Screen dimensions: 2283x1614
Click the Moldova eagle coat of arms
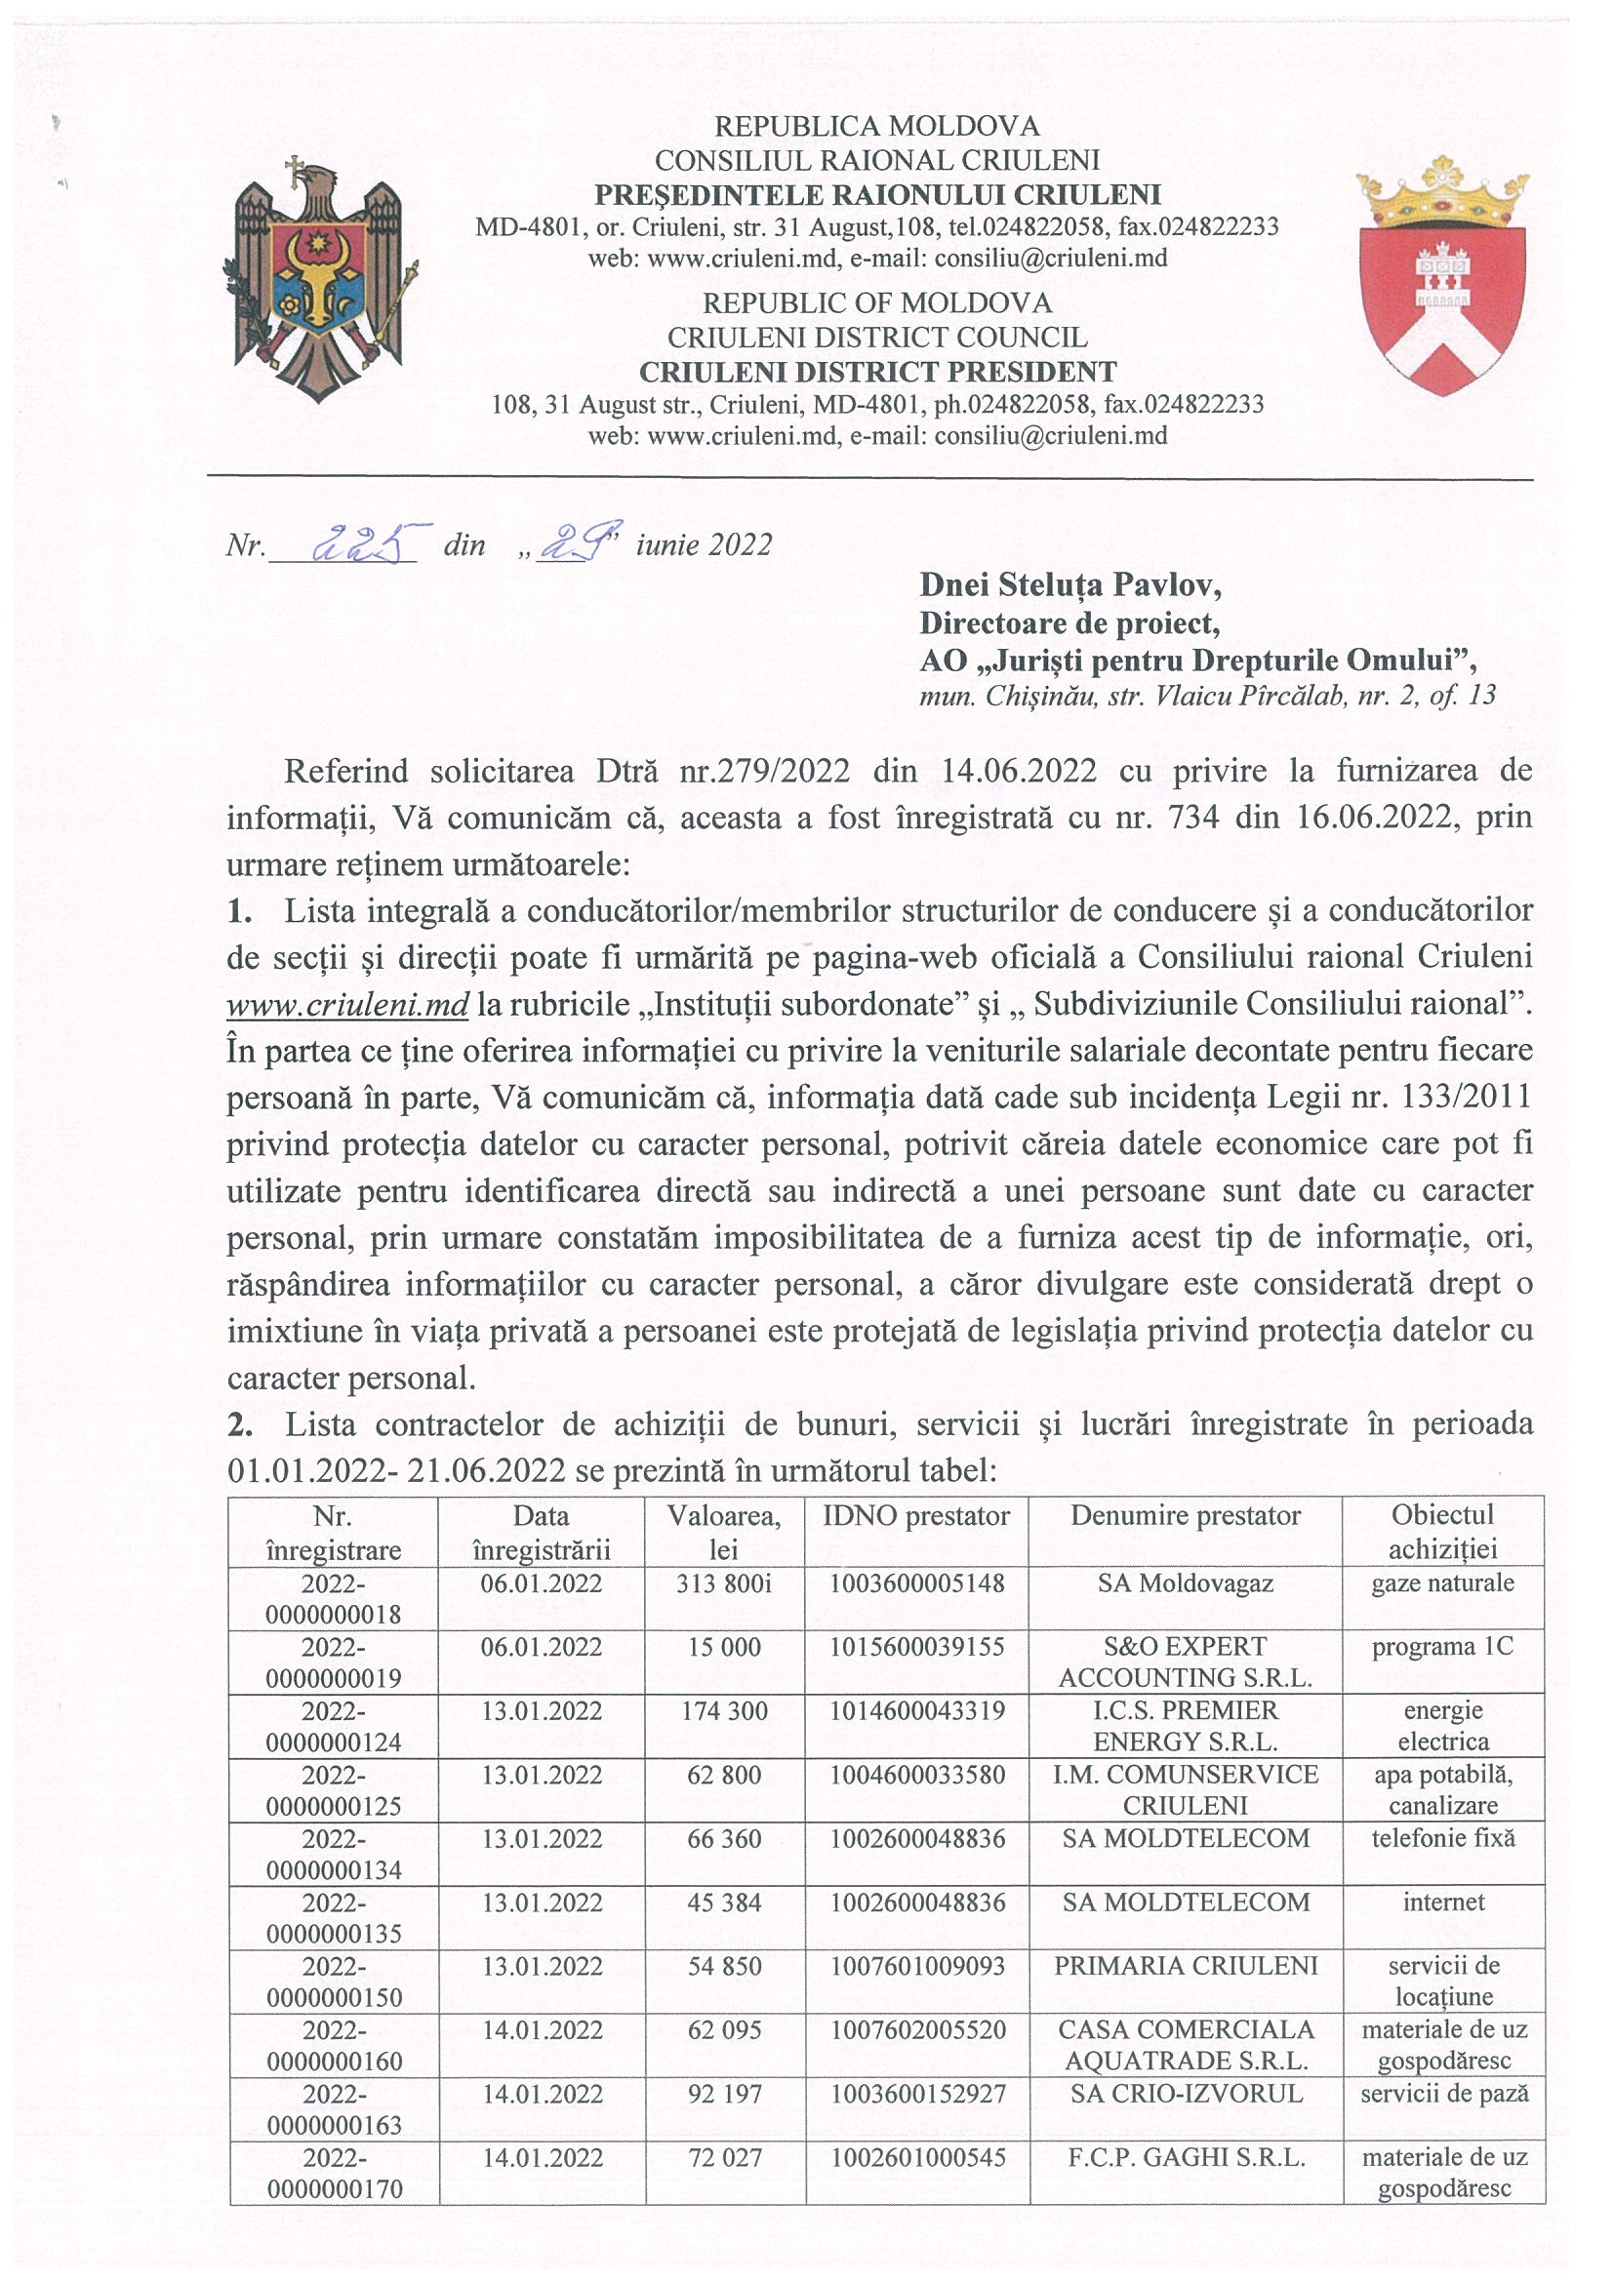[317, 279]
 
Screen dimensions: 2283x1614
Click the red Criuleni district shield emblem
[1442, 275]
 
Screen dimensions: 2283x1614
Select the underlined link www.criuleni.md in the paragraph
[347, 1004]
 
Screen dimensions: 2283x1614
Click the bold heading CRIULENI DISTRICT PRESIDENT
[876, 372]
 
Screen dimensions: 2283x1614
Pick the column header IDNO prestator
[916, 1515]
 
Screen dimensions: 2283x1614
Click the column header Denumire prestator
[1186, 1515]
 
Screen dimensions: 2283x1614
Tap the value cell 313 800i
[724, 1583]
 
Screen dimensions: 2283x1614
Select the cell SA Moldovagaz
[1186, 1583]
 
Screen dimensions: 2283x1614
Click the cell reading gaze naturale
[1442, 1583]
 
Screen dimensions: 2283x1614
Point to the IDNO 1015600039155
[917, 1647]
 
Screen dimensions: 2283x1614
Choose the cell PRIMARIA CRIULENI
[1186, 1966]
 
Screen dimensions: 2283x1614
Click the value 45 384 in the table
[724, 1902]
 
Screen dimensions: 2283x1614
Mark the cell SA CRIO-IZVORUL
[1186, 2093]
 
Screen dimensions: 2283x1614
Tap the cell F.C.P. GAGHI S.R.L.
[1186, 2157]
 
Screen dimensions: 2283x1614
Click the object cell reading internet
[1442, 1902]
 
